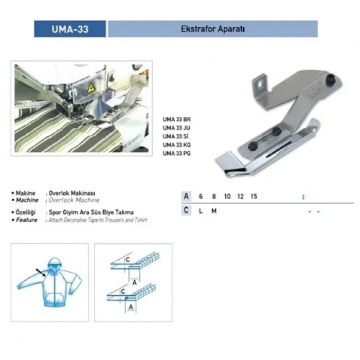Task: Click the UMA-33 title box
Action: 70,29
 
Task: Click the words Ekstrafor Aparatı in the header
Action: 212,29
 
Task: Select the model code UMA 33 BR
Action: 176,119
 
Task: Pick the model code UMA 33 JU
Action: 176,128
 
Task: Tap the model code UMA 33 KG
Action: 176,145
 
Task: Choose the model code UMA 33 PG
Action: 176,154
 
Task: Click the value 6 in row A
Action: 201,196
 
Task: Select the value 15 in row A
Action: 254,196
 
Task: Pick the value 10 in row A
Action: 227,196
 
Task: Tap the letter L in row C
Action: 201,211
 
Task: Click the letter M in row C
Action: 213,211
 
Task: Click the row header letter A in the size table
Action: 187,196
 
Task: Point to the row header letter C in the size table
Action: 187,211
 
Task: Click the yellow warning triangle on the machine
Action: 91,87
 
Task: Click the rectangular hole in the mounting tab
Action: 261,81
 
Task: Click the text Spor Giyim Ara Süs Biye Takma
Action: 91,212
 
